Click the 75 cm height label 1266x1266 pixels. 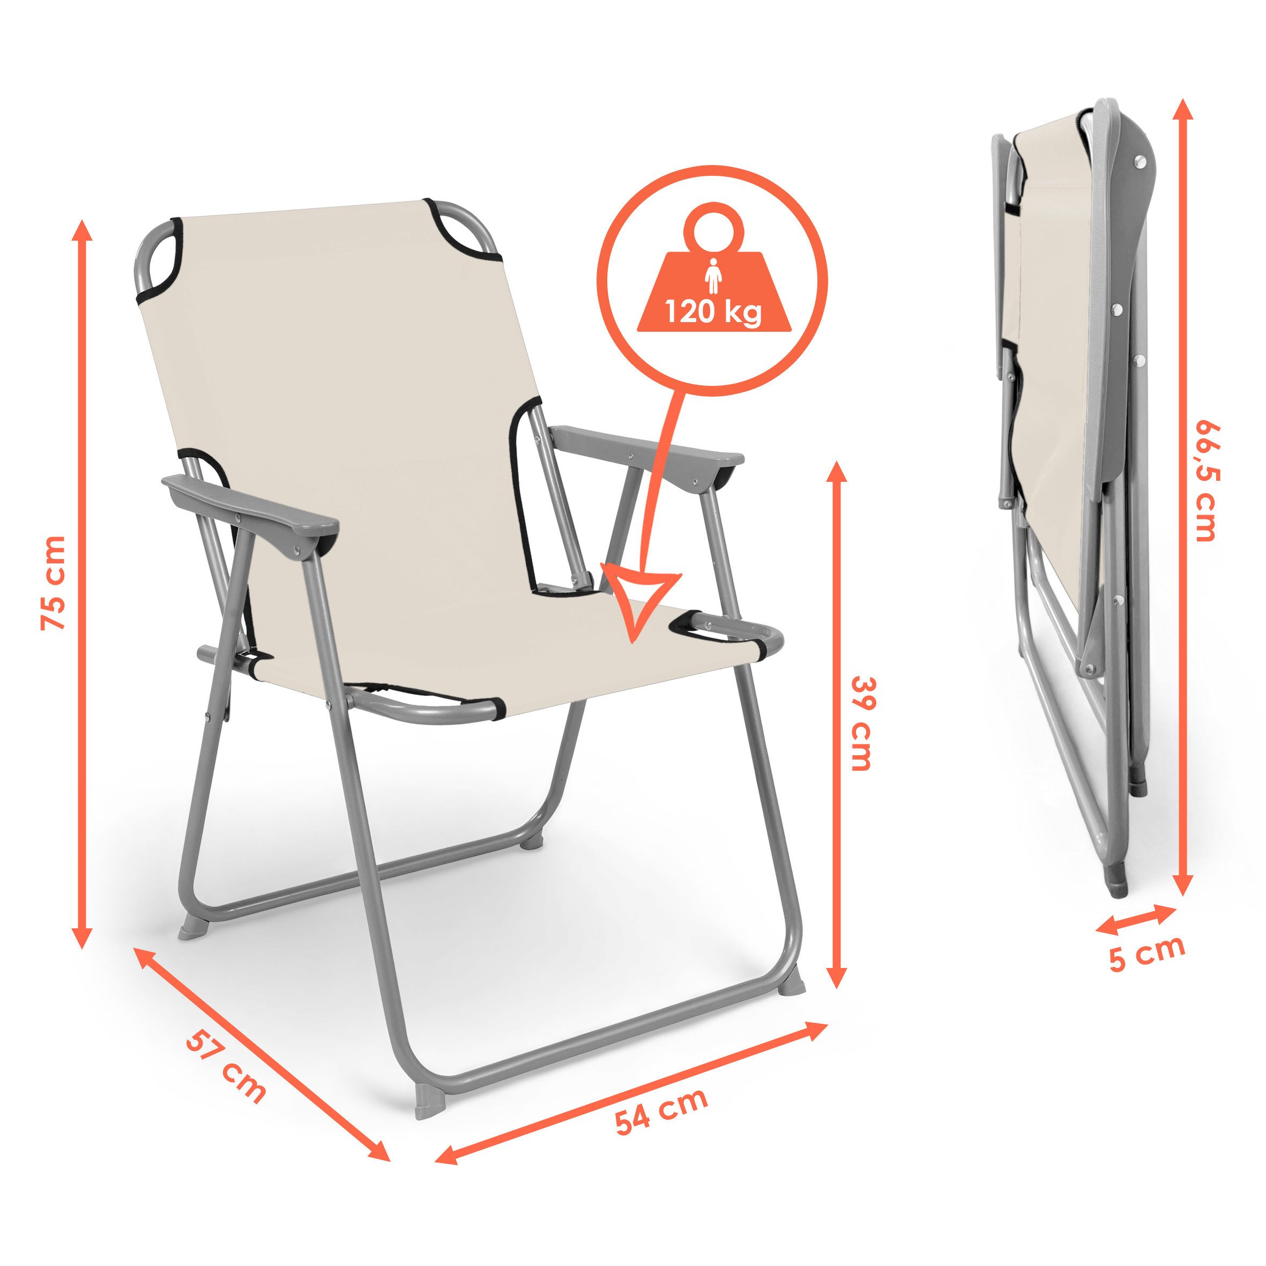[x=53, y=583]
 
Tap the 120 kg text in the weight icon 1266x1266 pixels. [x=713, y=313]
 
